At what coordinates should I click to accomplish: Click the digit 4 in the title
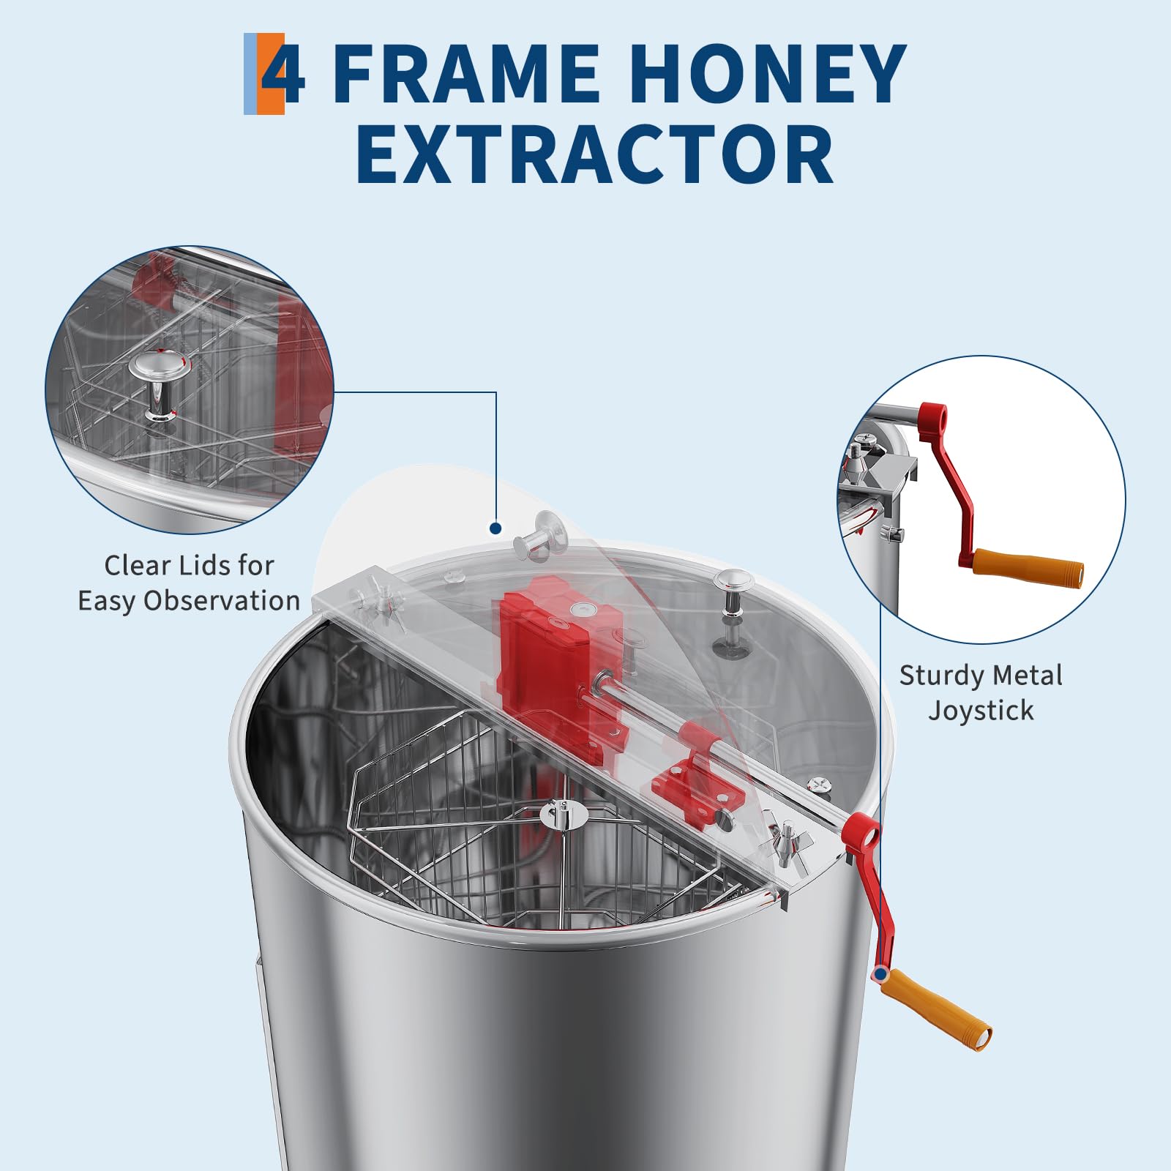tap(283, 74)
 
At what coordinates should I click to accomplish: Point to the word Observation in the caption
tap(222, 600)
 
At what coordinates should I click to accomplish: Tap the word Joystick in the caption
tap(981, 711)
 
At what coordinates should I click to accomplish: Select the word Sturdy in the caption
tap(944, 675)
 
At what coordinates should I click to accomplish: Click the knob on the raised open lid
tap(542, 534)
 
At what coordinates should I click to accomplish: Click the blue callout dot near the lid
tap(495, 528)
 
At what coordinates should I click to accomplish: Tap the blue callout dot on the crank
tap(880, 974)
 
